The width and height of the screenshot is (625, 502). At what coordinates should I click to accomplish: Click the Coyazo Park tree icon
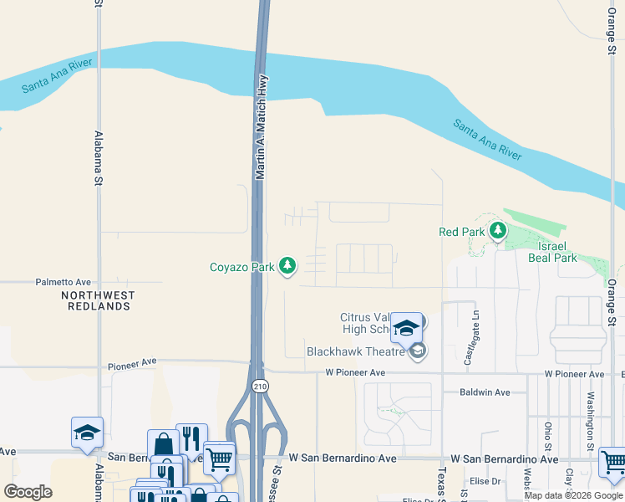287,266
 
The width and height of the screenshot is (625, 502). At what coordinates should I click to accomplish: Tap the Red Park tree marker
498,230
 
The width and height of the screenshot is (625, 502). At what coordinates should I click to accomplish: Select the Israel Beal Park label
552,252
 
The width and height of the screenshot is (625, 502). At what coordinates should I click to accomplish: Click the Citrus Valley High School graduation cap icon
406,329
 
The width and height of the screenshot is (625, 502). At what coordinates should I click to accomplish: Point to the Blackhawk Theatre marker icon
419,351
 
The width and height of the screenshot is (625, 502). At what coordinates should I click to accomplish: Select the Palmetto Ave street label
63,283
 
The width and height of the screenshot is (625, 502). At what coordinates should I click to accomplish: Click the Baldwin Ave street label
485,392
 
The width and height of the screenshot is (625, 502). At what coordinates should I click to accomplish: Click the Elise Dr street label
485,481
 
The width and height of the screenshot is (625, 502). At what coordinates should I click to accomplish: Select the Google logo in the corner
28,492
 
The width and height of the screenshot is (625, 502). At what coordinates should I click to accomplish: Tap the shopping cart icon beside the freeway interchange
219,457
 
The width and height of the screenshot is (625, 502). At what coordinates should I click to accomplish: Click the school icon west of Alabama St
87,433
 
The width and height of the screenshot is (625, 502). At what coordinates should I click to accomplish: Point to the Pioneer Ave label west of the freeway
132,362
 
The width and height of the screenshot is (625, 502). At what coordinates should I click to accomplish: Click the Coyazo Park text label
242,268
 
